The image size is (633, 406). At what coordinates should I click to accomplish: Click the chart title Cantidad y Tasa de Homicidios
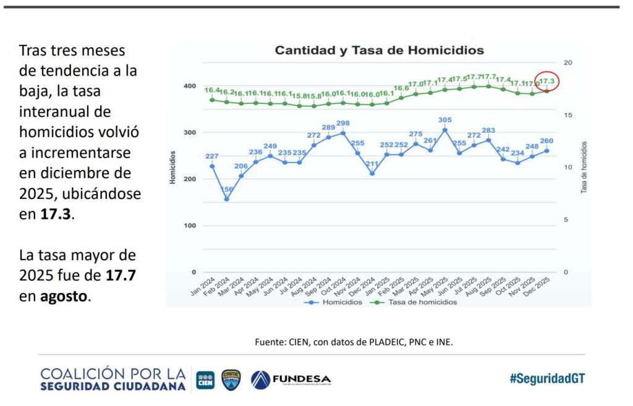(379, 50)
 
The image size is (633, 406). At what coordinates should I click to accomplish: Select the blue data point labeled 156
(226, 199)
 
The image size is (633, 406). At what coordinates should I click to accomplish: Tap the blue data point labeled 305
(444, 130)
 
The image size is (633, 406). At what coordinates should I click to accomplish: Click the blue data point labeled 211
(372, 174)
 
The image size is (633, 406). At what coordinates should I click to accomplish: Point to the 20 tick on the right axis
(568, 62)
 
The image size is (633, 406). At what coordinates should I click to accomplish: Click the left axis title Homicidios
(173, 167)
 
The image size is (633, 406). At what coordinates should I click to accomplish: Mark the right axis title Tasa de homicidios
(584, 167)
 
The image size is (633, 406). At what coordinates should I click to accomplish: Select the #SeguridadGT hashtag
(546, 379)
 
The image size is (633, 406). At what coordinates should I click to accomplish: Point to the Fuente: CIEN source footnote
(354, 340)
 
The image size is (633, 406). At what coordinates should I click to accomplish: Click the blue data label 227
(211, 156)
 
